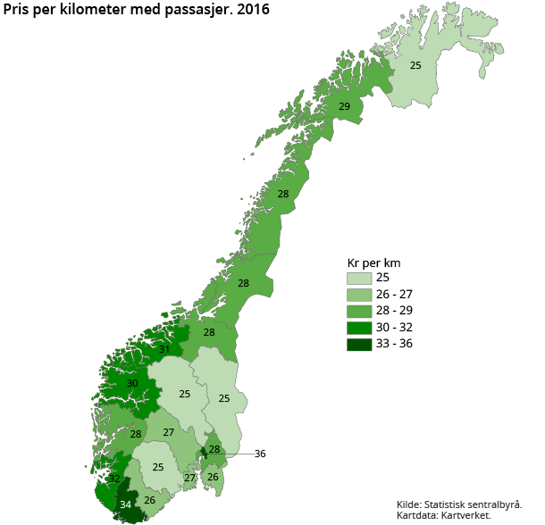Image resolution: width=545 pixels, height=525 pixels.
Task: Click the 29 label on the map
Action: (344, 107)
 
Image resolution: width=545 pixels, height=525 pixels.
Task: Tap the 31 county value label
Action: (164, 349)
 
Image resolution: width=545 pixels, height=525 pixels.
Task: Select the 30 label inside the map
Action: (132, 383)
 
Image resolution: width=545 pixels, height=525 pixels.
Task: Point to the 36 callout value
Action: (260, 454)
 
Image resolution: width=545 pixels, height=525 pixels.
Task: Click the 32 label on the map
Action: (114, 479)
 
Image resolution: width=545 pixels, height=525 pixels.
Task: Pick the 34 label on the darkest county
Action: (126, 504)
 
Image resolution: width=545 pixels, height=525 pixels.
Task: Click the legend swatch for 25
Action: (359, 278)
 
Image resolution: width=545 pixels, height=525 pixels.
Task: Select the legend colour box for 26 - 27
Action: (359, 294)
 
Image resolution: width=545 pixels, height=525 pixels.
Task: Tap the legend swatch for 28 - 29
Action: (359, 311)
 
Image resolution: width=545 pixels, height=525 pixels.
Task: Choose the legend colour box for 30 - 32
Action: (359, 327)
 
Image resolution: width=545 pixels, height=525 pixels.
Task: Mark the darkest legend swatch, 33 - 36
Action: (359, 344)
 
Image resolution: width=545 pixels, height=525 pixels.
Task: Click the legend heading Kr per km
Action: (373, 262)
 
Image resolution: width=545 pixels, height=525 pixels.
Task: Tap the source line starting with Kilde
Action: (460, 504)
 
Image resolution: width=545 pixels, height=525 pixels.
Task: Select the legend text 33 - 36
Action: (394, 344)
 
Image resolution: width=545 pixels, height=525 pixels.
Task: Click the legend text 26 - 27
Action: (394, 294)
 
